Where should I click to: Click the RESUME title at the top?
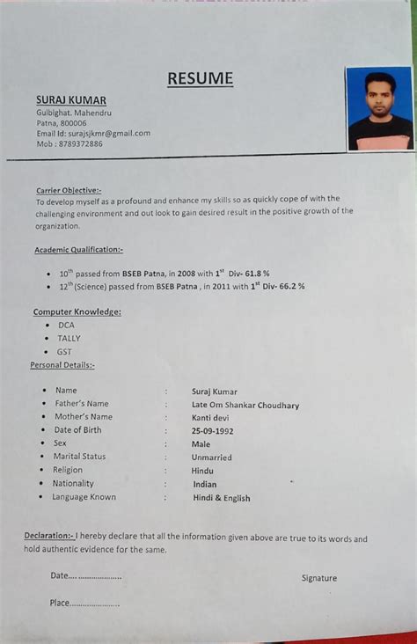coord(201,79)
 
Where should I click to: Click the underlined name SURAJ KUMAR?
coord(70,100)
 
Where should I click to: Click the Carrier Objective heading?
coord(69,189)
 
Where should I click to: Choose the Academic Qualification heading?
coord(78,250)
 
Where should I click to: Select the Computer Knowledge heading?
coord(77,311)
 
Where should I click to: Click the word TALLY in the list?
coord(69,338)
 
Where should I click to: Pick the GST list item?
coord(64,351)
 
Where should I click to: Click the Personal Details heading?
coord(62,364)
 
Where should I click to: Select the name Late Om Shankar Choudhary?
coord(245,406)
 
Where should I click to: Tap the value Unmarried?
coord(212,457)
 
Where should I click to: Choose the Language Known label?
coord(84,497)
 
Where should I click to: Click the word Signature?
coord(318,578)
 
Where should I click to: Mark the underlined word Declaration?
coord(48,536)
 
